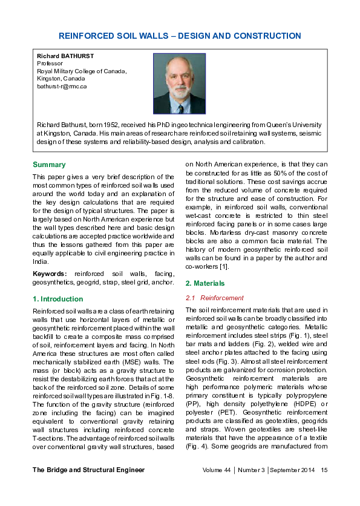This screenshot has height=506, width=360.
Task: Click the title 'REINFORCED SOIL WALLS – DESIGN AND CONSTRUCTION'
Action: click(180, 36)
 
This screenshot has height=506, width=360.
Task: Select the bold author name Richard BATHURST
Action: click(65, 56)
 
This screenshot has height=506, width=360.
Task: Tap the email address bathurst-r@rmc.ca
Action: click(62, 86)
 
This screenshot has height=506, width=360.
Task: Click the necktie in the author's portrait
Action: click(180, 107)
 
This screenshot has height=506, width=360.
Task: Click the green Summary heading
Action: click(49, 165)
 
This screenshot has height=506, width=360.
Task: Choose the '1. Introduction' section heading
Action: click(57, 299)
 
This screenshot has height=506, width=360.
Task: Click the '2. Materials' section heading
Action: click(205, 283)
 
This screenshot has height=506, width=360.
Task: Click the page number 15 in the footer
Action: click(324, 487)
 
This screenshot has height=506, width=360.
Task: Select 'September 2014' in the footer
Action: click(293, 487)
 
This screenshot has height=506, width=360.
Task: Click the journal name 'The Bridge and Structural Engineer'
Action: click(88, 487)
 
